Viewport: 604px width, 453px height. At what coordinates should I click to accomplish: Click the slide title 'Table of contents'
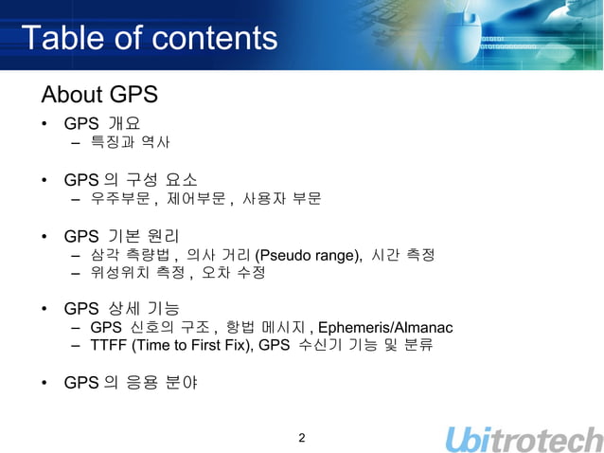point(149,39)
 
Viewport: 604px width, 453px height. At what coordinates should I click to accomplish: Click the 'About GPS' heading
point(98,96)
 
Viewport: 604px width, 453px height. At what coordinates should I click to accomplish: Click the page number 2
point(301,438)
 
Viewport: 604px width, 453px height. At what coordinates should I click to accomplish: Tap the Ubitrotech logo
point(523,439)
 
